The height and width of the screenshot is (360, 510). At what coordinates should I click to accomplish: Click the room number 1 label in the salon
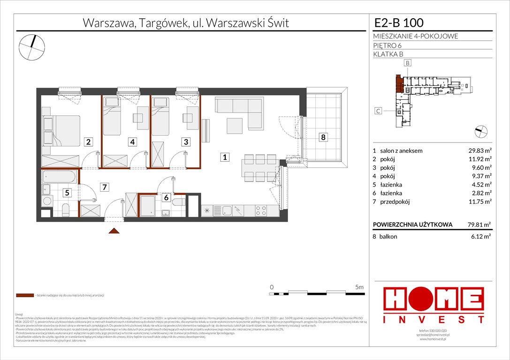coord(225,158)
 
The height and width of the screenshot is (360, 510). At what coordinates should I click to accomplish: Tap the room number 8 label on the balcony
coord(322,137)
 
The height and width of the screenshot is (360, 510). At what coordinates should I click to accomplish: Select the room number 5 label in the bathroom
coord(68,192)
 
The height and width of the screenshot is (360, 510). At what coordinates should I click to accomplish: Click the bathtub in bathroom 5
coord(60,177)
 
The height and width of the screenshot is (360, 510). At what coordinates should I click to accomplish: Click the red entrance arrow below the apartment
coord(113,230)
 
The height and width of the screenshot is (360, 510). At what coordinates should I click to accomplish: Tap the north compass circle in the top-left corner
coord(31,46)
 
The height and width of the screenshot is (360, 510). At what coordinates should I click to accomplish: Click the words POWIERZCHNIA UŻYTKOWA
coord(406,225)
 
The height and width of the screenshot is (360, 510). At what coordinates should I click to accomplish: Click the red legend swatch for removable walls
coord(24,296)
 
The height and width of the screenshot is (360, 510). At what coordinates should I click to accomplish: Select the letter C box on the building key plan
coord(378,111)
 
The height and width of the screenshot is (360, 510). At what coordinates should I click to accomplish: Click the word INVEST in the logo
coord(434,319)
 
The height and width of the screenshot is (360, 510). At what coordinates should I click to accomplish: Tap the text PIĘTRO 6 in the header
coord(388,45)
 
